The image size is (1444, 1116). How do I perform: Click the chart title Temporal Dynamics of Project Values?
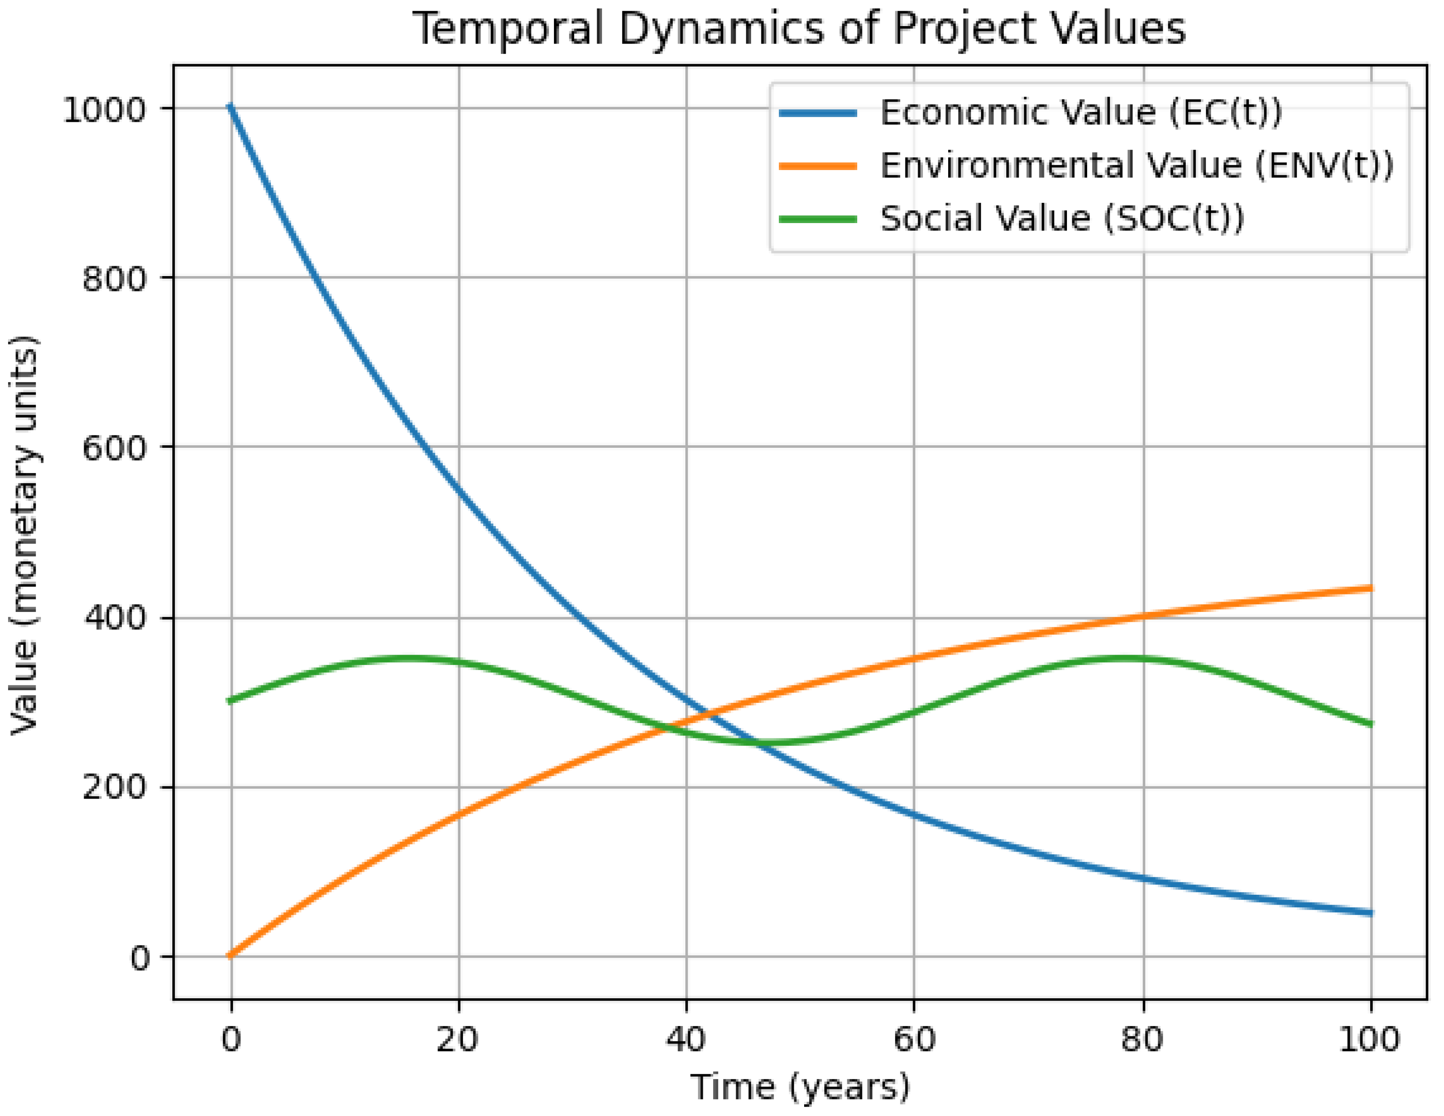click(x=799, y=29)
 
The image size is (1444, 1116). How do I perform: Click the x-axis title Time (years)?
click(x=800, y=1087)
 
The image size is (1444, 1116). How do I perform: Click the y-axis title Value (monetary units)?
click(x=25, y=535)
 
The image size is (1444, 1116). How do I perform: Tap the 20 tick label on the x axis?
click(x=458, y=1040)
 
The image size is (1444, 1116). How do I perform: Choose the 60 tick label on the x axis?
click(x=914, y=1040)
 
